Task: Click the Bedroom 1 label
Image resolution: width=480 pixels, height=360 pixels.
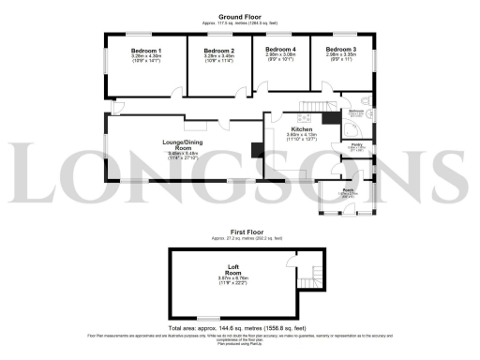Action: point(147,51)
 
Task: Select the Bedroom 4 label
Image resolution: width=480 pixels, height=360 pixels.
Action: point(280,48)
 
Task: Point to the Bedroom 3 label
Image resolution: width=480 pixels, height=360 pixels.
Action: point(341,48)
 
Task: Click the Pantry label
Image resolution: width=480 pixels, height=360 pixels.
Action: point(357,144)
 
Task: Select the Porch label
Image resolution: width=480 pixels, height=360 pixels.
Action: point(348,190)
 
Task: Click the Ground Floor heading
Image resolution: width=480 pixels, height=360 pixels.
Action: point(240,16)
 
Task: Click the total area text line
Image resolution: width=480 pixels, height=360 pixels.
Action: point(240,329)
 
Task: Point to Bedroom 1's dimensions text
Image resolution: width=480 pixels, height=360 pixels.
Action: point(147,60)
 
